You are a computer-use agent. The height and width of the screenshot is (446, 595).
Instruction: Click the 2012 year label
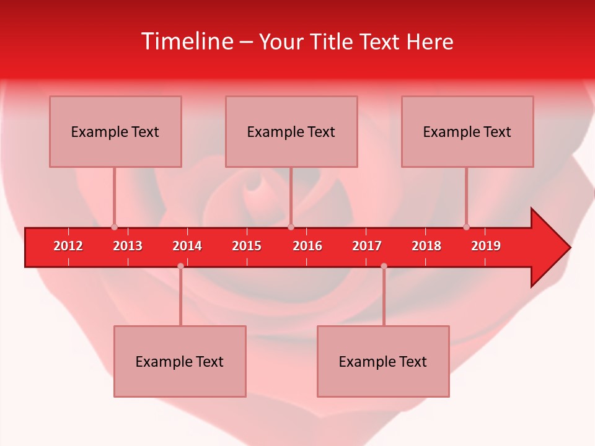pos(68,246)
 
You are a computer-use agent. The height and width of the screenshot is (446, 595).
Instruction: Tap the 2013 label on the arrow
pos(128,246)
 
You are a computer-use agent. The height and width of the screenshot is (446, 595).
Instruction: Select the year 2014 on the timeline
pos(187,246)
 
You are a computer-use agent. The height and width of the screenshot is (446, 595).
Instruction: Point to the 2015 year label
pos(247,246)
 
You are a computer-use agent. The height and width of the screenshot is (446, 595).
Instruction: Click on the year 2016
pos(307,246)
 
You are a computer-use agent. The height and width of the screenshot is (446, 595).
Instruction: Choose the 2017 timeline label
pos(367,246)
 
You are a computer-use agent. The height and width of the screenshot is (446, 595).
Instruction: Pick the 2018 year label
pos(426,246)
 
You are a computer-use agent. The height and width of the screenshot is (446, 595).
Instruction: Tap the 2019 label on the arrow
pos(486,246)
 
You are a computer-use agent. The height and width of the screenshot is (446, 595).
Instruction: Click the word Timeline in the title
pos(187,42)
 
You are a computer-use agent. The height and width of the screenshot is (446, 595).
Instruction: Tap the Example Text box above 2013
pos(115,131)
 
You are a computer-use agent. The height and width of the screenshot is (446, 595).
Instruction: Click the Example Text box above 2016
pos(291,131)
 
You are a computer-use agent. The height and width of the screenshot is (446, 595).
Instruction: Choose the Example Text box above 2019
pos(467,131)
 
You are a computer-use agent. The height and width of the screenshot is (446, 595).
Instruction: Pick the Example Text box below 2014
pos(180,361)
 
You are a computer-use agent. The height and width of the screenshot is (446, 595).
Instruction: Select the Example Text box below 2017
pos(383,361)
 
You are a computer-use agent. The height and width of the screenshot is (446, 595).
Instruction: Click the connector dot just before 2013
pos(114,227)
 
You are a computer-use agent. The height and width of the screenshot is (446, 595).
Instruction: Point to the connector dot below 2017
pos(384,266)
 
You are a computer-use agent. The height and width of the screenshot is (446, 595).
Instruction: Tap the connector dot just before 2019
pos(466,227)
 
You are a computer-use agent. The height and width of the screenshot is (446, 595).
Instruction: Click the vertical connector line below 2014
pos(180,297)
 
